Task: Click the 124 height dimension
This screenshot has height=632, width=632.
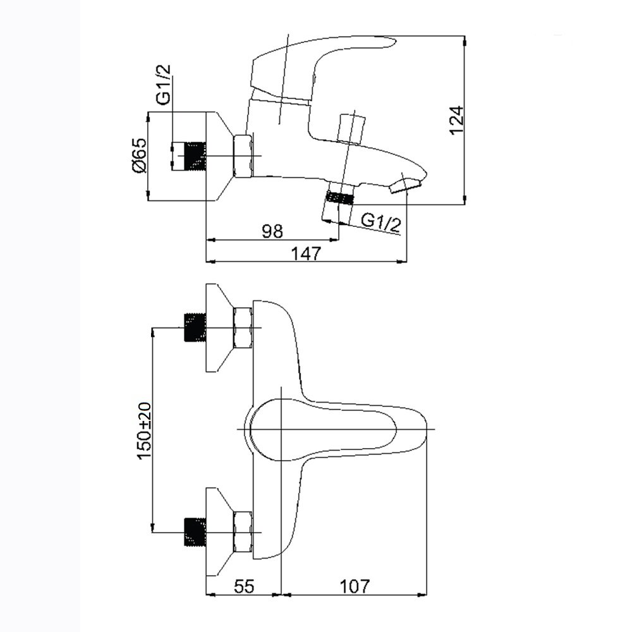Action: [x=457, y=120]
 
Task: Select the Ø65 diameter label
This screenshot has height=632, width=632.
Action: [x=139, y=156]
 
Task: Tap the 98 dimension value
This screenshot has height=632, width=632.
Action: [x=272, y=231]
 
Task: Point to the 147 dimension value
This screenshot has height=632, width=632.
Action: [x=306, y=253]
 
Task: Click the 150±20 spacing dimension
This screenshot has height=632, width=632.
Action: [x=144, y=430]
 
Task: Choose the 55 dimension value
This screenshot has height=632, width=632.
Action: [x=244, y=586]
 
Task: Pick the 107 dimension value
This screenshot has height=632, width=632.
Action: [x=355, y=586]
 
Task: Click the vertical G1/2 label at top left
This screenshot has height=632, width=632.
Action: [x=163, y=85]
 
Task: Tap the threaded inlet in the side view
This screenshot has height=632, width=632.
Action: [x=189, y=156]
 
